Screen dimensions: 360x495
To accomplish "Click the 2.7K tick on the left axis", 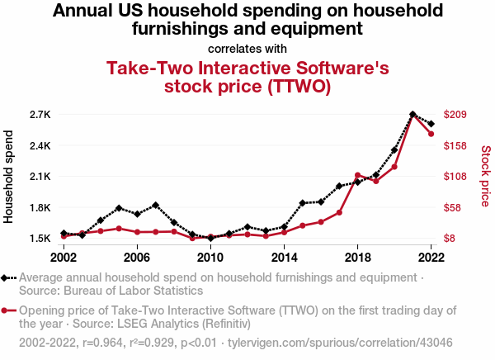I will (40, 114).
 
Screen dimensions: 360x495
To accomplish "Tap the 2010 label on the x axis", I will (210, 257).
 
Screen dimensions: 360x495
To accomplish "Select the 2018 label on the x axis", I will (357, 257).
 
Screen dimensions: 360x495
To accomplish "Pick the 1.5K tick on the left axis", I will (40, 239).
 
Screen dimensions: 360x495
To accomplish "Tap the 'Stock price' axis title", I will (485, 176).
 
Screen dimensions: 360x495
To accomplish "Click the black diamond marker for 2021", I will (412, 115).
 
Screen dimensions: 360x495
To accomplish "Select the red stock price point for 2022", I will (431, 134).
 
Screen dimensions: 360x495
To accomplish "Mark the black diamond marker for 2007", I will (155, 205).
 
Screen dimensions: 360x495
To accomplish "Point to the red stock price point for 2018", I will (357, 175).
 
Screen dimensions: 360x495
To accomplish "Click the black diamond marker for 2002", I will (64, 234).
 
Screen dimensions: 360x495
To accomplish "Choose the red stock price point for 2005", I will (119, 229).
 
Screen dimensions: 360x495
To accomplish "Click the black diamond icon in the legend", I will (7, 278).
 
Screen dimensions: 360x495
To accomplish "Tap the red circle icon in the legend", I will (7, 311).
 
